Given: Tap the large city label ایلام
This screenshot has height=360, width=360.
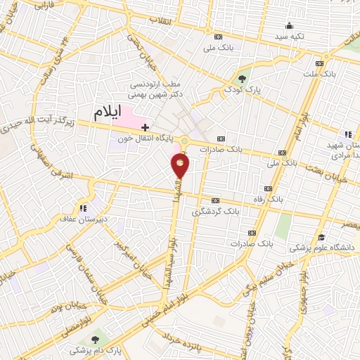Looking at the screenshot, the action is coord(117,112).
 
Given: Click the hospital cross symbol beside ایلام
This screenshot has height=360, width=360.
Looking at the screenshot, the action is coord(146,127).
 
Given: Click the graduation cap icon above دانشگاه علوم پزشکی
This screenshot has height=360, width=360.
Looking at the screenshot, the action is coord(321,237).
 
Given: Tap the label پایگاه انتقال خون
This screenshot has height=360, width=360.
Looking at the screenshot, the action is coord(147,139).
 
